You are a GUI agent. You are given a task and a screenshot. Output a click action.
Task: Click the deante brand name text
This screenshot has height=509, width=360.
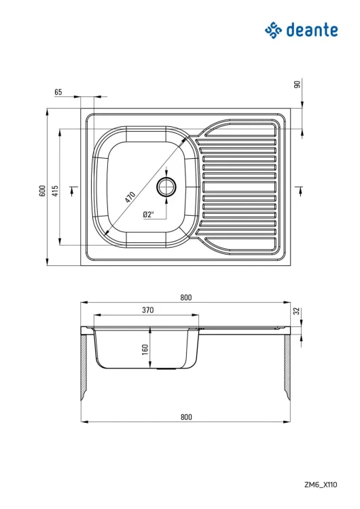click(x=312, y=30)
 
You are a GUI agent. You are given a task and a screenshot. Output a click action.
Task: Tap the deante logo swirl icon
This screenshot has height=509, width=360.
click(x=273, y=30)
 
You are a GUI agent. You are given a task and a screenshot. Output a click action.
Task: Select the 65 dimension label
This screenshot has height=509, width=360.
click(x=58, y=92)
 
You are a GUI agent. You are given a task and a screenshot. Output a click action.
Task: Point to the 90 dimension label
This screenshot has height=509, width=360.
click(x=298, y=84)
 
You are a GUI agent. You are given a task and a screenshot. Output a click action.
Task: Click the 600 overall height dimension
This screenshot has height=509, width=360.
click(x=42, y=191)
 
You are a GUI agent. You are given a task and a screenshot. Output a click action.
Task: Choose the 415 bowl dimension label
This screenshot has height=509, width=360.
click(x=55, y=191)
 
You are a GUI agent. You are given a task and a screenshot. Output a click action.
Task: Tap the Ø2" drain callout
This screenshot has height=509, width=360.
click(x=148, y=214)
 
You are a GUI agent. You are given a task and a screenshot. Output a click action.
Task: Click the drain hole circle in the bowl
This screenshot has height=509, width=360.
click(x=166, y=187)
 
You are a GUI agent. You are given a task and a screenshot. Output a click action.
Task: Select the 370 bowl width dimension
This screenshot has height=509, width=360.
click(x=147, y=310)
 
